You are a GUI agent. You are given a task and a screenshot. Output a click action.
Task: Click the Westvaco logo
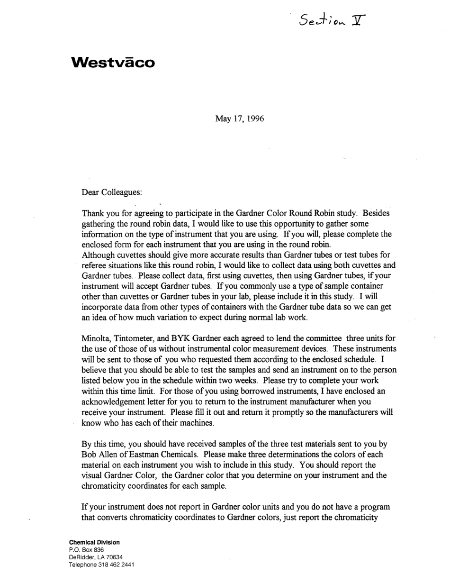pyautogui.click(x=112, y=63)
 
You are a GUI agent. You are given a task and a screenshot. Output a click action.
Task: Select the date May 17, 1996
pyautogui.click(x=240, y=118)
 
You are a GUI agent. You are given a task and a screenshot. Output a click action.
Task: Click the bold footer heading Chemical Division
pyautogui.click(x=94, y=542)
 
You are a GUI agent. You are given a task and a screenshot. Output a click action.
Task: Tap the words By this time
pyautogui.click(x=104, y=444)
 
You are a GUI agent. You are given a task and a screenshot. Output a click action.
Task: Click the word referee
pyautogui.click(x=94, y=265)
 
